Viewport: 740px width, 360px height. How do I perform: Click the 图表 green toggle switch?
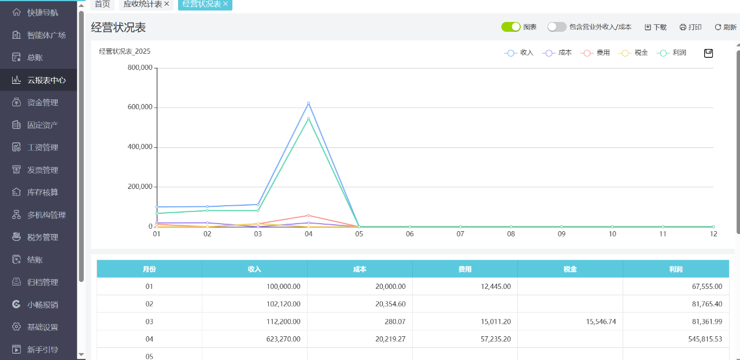pyautogui.click(x=511, y=27)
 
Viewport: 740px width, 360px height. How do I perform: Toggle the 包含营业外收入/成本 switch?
pyautogui.click(x=557, y=27)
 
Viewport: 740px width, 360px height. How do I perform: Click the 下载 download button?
pyautogui.click(x=656, y=27)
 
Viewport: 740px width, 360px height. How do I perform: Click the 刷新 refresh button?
pyautogui.click(x=726, y=27)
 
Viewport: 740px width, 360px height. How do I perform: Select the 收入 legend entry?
pyautogui.click(x=519, y=53)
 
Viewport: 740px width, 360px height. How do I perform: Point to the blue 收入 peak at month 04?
pyautogui.click(x=309, y=103)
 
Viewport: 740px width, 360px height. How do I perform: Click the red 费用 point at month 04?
pyautogui.click(x=309, y=216)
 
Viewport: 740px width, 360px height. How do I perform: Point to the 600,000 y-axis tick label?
pyautogui.click(x=140, y=107)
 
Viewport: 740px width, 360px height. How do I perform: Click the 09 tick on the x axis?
pyautogui.click(x=561, y=234)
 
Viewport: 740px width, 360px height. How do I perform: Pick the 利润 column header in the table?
pyautogui.click(x=675, y=269)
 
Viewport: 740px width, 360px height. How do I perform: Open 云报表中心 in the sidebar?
pyautogui.click(x=46, y=80)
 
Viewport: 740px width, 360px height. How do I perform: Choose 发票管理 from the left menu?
pyautogui.click(x=43, y=170)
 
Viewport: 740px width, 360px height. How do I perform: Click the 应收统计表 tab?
pyautogui.click(x=143, y=4)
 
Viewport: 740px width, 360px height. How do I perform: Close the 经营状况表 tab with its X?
pyautogui.click(x=225, y=4)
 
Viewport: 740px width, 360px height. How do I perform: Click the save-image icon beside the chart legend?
pyautogui.click(x=708, y=53)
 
